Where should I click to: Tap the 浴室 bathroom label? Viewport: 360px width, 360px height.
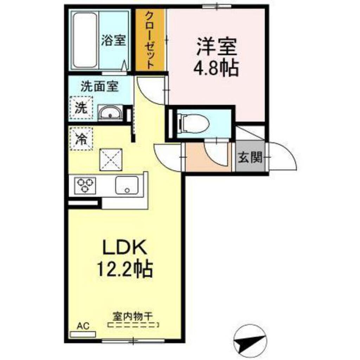(114, 40)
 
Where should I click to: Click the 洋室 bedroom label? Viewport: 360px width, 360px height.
(217, 47)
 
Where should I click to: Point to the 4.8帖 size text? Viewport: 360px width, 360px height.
(216, 68)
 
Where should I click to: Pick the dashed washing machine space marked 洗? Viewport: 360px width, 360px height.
(81, 108)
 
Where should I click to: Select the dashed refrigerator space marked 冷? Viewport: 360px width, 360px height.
(81, 139)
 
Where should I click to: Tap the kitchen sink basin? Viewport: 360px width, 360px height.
(127, 185)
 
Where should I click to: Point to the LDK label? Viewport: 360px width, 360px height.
(125, 247)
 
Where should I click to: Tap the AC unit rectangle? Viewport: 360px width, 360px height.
(83, 335)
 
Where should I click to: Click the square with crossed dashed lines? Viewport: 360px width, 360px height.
(111, 160)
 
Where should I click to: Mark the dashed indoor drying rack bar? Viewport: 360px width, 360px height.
(133, 325)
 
